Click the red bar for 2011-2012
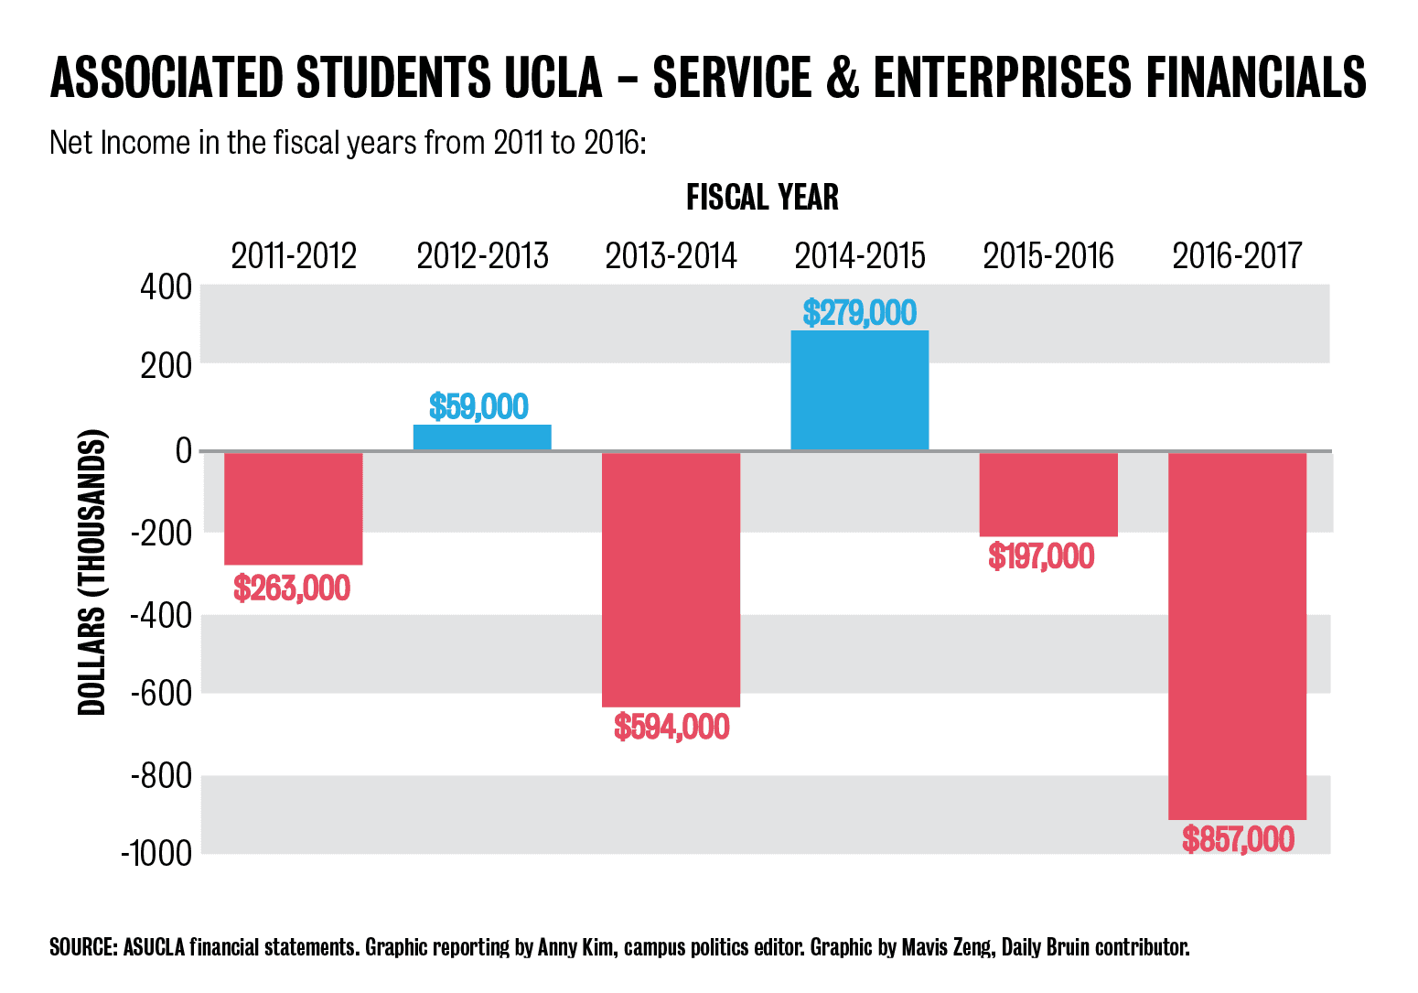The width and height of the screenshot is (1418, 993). pos(293,508)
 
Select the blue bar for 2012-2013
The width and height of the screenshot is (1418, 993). pos(482,437)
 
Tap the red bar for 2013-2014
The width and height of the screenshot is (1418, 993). pos(671,579)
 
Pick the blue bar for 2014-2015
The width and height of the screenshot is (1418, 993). pos(859,391)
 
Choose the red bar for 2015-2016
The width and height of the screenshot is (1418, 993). pos(1048,494)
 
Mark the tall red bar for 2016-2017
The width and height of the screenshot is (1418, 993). pos(1237,635)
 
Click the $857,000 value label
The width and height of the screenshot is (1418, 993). pos(1238,839)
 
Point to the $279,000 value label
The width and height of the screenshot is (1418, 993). pos(859,313)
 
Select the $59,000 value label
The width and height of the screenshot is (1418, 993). pos(479,406)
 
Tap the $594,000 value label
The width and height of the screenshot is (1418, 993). pos(671,728)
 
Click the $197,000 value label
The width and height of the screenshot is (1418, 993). pos(1041,556)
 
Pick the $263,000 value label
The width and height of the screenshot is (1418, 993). pos(292,588)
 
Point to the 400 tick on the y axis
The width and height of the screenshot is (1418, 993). pos(166,287)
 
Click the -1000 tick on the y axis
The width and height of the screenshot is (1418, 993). pos(156,853)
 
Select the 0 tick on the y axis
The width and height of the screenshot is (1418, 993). pos(183,450)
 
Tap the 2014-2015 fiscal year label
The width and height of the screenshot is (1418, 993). pos(859,255)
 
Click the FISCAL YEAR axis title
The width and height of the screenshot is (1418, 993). pos(762,198)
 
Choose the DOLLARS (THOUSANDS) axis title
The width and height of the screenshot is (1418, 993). pos(92,571)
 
